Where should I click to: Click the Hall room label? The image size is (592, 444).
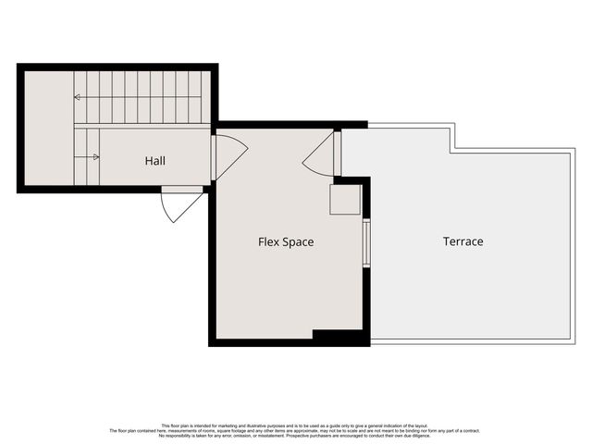tap(154, 161)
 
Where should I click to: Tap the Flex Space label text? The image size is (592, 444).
tap(285, 242)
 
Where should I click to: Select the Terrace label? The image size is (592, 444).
tap(462, 241)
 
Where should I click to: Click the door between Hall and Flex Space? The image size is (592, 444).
tap(228, 157)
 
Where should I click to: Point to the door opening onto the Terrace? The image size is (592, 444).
tap(322, 154)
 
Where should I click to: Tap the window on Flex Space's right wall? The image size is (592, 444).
tap(366, 242)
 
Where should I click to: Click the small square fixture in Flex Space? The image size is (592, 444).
tap(345, 200)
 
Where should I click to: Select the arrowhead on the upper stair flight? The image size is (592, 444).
tap(77, 96)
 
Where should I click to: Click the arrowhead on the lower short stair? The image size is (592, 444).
tap(96, 157)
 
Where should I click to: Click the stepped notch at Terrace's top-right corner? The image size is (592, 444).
tap(451, 139)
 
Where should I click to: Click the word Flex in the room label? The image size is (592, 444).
tap(268, 242)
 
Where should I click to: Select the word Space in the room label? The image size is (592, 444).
tap(298, 242)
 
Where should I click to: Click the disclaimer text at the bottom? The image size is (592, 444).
tap(296, 430)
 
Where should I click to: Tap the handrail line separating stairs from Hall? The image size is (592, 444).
tap(143, 125)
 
